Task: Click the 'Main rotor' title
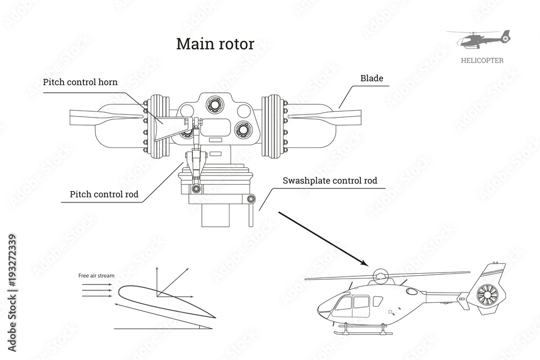pyautogui.click(x=215, y=44)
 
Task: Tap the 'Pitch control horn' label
pyautogui.click(x=80, y=82)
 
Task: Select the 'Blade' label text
pyautogui.click(x=372, y=78)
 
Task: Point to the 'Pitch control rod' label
pyautogui.click(x=104, y=194)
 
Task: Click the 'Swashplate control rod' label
pyautogui.click(x=330, y=180)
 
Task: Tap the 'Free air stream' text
pyautogui.click(x=96, y=276)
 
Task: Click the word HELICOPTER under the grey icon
pyautogui.click(x=482, y=60)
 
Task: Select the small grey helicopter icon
pyautogui.click(x=478, y=39)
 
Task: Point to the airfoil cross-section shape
pyautogui.click(x=162, y=301)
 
